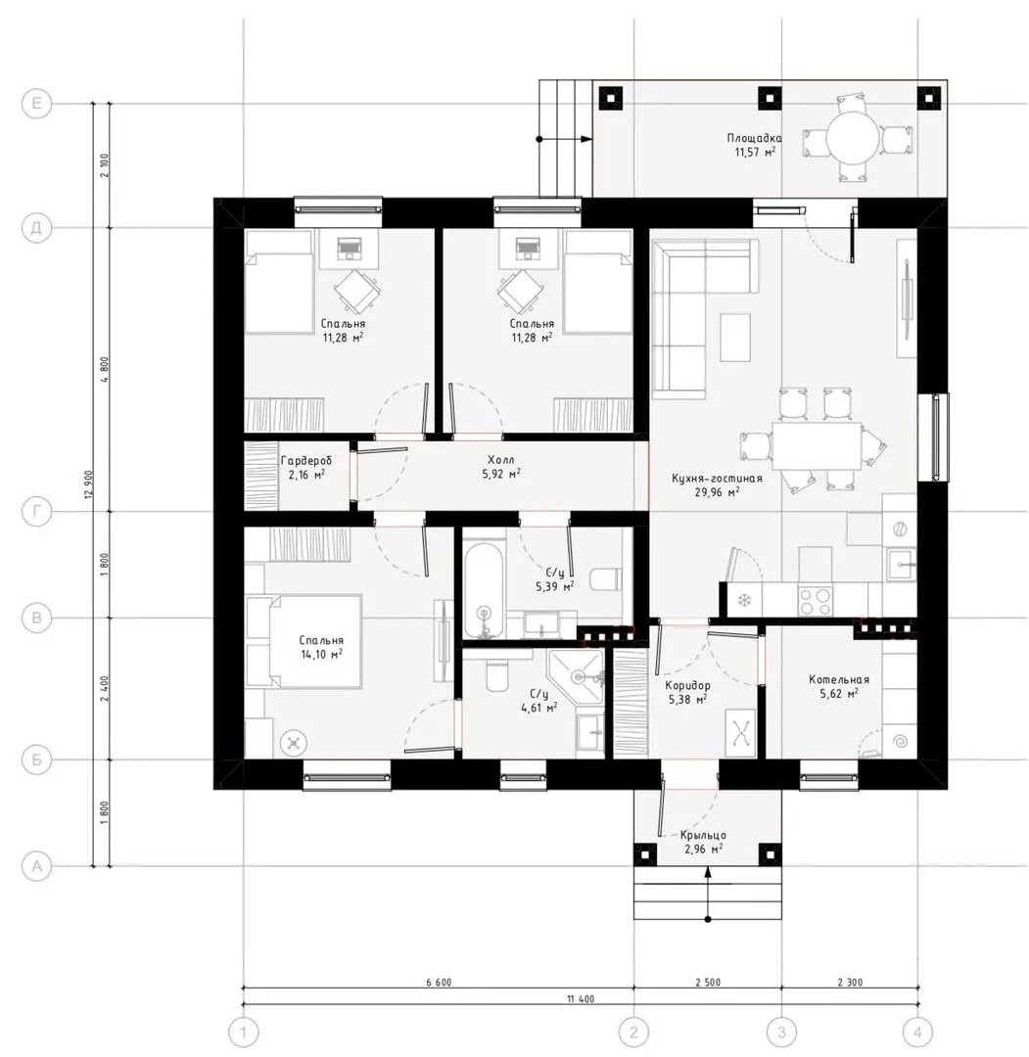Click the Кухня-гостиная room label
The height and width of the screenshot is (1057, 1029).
(717, 478)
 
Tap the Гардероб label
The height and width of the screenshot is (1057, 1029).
(306, 460)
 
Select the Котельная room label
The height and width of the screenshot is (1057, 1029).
(839, 679)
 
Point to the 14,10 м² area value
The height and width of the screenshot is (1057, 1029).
(321, 654)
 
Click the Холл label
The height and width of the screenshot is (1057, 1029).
(501, 460)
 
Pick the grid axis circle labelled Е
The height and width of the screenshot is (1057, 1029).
(36, 103)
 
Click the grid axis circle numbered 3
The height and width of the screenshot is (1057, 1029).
(781, 1032)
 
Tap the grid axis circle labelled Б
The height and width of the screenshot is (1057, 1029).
(36, 759)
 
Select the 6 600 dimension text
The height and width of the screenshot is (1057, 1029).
(439, 983)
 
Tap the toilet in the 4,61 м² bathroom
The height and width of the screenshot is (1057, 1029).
(496, 674)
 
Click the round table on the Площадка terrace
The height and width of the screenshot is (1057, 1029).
(854, 139)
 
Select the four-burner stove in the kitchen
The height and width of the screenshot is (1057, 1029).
(816, 601)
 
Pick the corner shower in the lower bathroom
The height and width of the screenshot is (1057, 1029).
(575, 677)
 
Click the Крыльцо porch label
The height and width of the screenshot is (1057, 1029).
(703, 835)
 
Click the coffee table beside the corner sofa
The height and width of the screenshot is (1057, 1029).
(735, 337)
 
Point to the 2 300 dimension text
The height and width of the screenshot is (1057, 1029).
(850, 983)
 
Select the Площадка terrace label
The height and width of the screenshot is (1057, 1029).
(755, 138)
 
